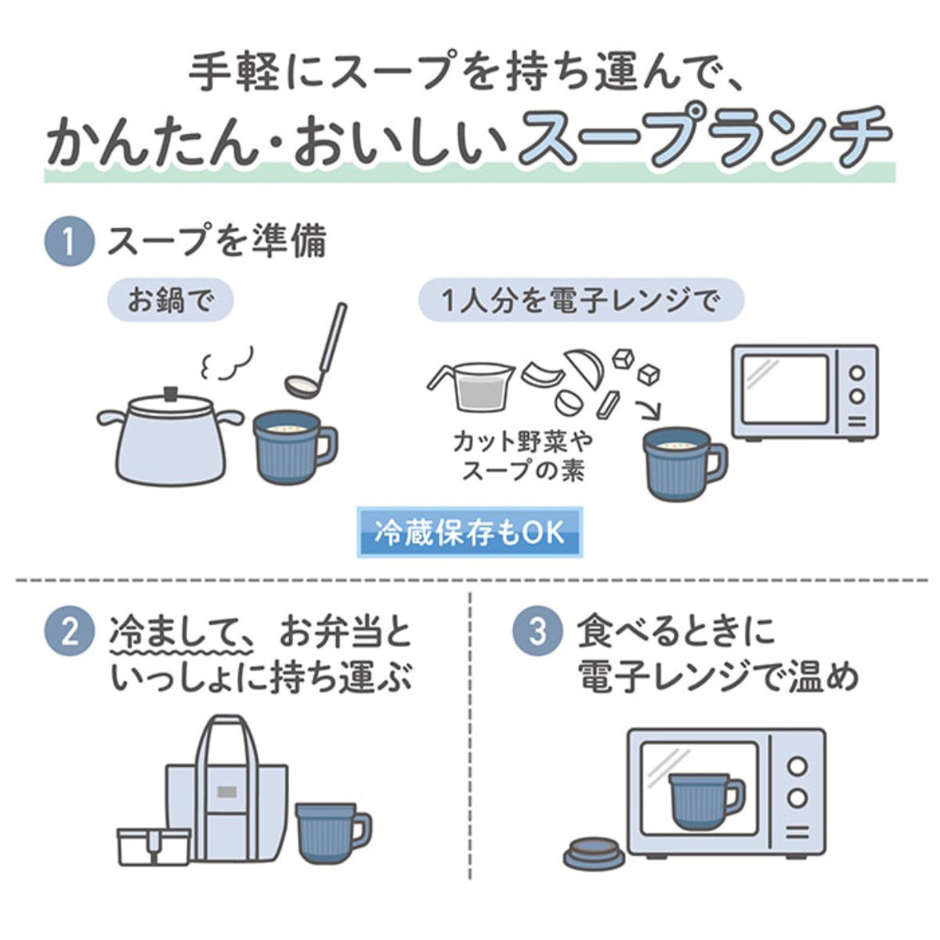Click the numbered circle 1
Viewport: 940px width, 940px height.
[70, 242]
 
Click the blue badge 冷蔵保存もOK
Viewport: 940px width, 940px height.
[469, 533]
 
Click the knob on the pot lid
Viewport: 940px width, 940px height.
[169, 390]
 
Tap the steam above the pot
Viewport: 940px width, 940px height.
[227, 362]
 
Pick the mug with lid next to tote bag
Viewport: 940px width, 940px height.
[331, 832]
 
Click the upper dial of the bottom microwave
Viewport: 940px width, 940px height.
[797, 766]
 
